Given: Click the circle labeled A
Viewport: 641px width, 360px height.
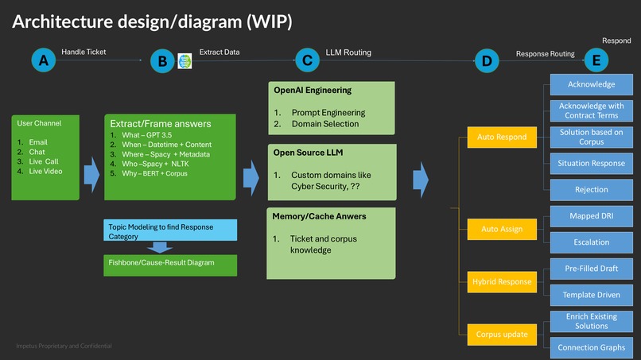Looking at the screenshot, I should (x=44, y=60).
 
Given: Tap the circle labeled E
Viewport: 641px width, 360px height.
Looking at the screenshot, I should (x=596, y=60).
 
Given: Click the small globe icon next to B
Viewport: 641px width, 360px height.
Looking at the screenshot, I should (x=185, y=60).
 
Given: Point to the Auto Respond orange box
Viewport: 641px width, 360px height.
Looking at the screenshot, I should (x=501, y=137).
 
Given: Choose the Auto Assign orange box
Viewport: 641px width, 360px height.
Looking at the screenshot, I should (x=501, y=229).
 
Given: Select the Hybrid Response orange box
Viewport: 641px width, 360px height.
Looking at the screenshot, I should (x=501, y=281).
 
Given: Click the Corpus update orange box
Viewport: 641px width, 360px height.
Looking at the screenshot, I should (x=501, y=334).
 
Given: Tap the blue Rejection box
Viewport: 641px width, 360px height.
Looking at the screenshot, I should (x=591, y=189).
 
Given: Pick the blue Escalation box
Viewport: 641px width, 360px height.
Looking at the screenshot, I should (x=591, y=242).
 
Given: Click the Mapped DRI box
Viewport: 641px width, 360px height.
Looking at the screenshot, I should (x=591, y=215).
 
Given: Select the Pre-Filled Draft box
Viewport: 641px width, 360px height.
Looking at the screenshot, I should (x=591, y=269).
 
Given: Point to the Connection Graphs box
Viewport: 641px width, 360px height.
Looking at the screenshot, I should (x=591, y=347).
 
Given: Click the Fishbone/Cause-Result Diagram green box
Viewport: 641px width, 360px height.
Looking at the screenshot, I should (x=170, y=263).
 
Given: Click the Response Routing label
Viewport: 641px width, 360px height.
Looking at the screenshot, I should (x=545, y=54).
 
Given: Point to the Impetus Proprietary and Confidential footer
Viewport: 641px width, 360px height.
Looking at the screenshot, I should (x=64, y=346).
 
